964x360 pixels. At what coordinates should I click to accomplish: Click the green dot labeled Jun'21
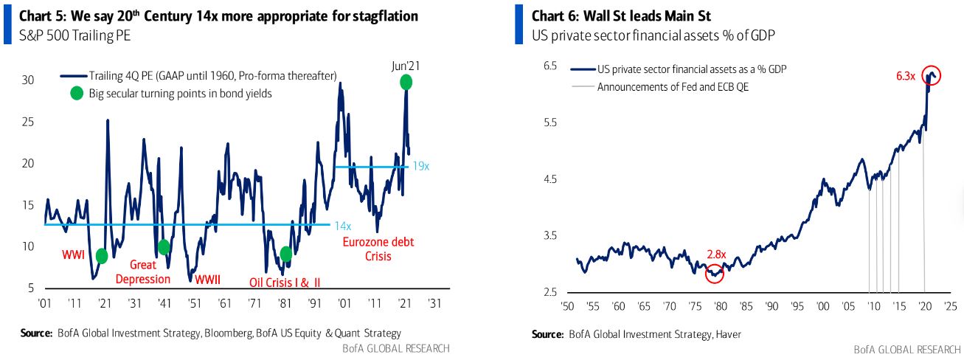click(x=406, y=82)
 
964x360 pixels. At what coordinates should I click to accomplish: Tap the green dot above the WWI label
click(x=102, y=256)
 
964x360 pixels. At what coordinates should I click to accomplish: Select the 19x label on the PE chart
click(x=420, y=167)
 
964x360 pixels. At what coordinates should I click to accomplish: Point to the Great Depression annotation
click(x=150, y=271)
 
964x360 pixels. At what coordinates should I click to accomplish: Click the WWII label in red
click(x=208, y=280)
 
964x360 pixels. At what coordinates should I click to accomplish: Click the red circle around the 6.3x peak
click(x=932, y=75)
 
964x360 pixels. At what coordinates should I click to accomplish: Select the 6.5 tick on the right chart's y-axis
click(x=549, y=66)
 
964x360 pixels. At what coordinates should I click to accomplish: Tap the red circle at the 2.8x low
click(x=714, y=274)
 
